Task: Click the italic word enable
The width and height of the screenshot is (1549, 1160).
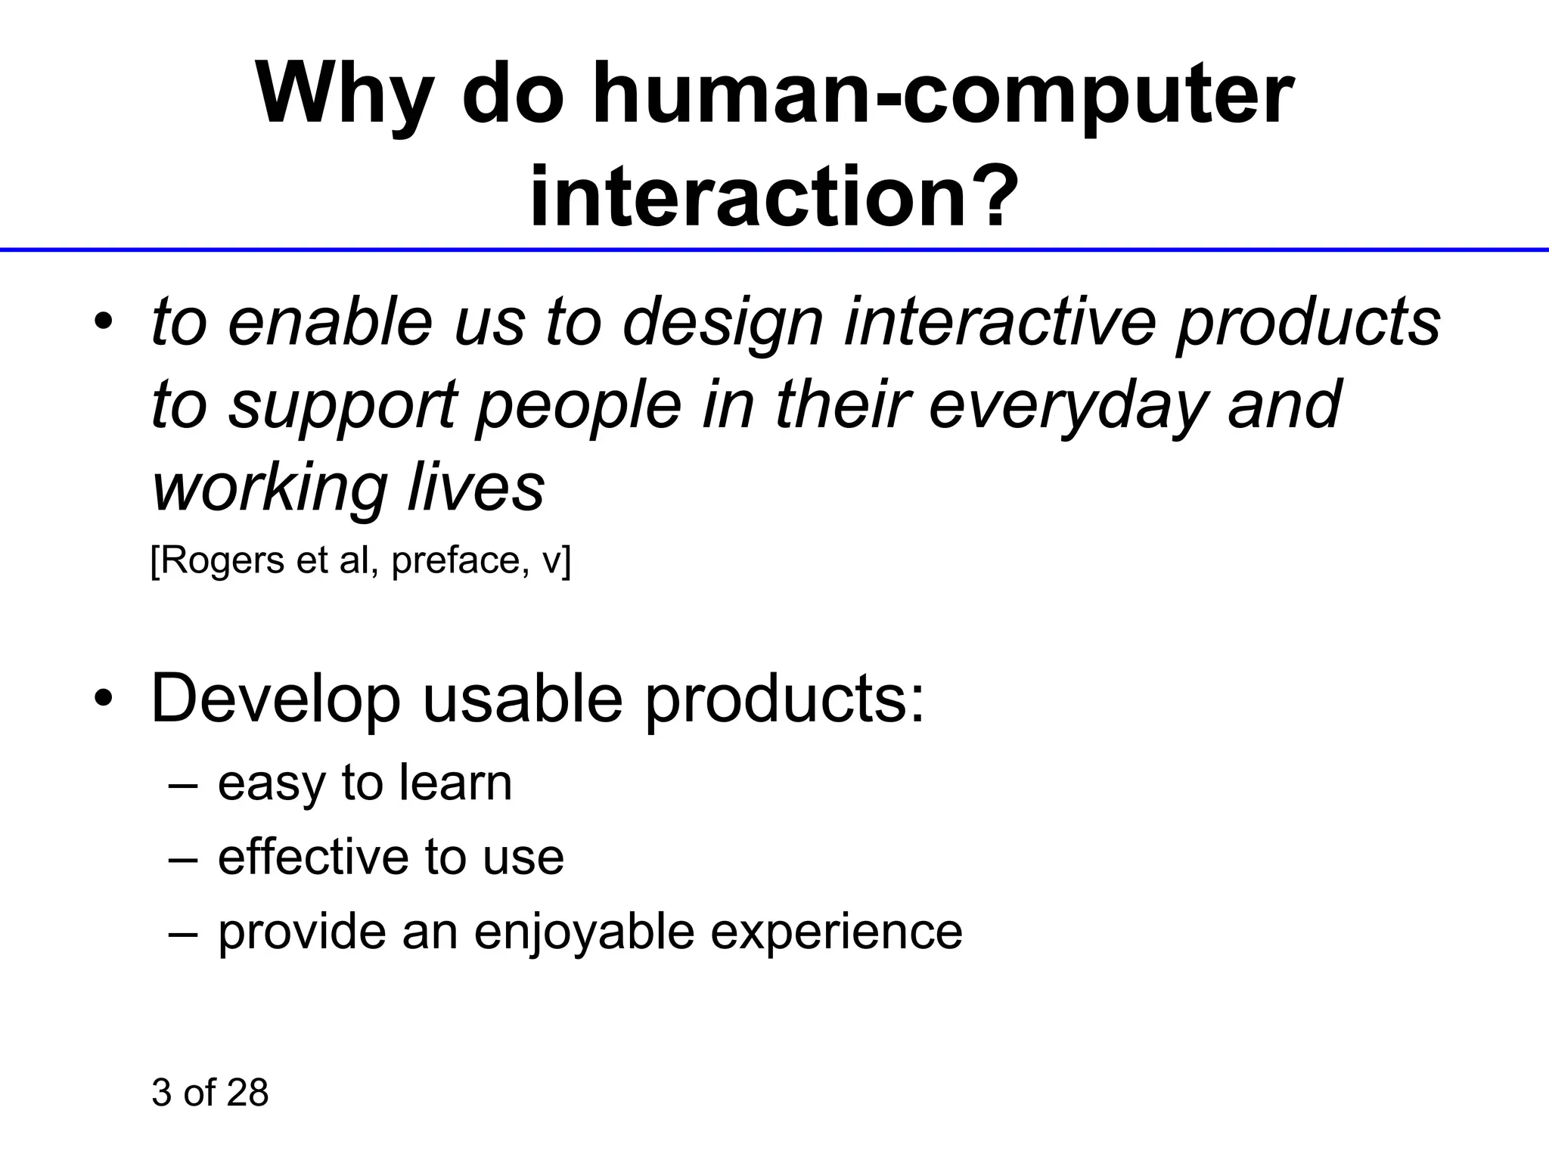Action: click(x=330, y=322)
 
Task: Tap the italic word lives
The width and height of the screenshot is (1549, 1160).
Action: click(x=476, y=488)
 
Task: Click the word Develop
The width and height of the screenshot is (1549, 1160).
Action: click(x=275, y=699)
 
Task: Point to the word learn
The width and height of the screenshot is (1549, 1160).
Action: click(x=455, y=783)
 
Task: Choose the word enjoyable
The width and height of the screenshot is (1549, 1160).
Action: click(x=584, y=932)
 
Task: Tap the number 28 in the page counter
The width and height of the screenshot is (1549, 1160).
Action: click(x=247, y=1093)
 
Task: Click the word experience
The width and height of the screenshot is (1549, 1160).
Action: click(x=836, y=932)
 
